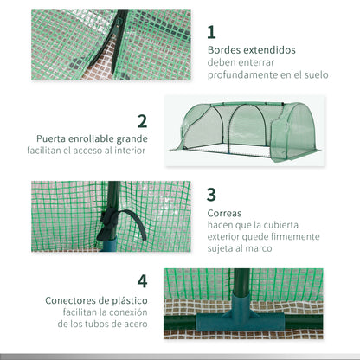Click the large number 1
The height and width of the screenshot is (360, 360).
[x=212, y=32]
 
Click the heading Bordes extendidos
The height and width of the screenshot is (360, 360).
[x=251, y=50]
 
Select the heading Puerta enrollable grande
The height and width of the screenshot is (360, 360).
[x=93, y=138]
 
